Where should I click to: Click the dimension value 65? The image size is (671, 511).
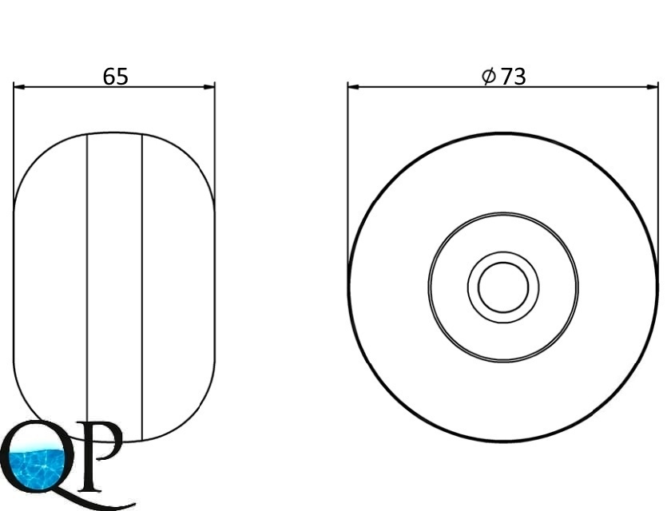click(116, 77)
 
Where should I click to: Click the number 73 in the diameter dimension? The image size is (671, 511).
click(513, 77)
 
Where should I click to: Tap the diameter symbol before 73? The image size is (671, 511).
click(489, 77)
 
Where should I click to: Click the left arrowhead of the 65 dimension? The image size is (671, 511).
click(19, 87)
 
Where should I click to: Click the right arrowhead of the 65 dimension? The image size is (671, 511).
click(209, 87)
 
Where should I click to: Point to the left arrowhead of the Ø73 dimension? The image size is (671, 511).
click(353, 87)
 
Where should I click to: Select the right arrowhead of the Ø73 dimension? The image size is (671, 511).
click(653, 87)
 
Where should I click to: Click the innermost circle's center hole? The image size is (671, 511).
click(503, 287)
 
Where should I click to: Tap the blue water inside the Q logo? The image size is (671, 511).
click(37, 466)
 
